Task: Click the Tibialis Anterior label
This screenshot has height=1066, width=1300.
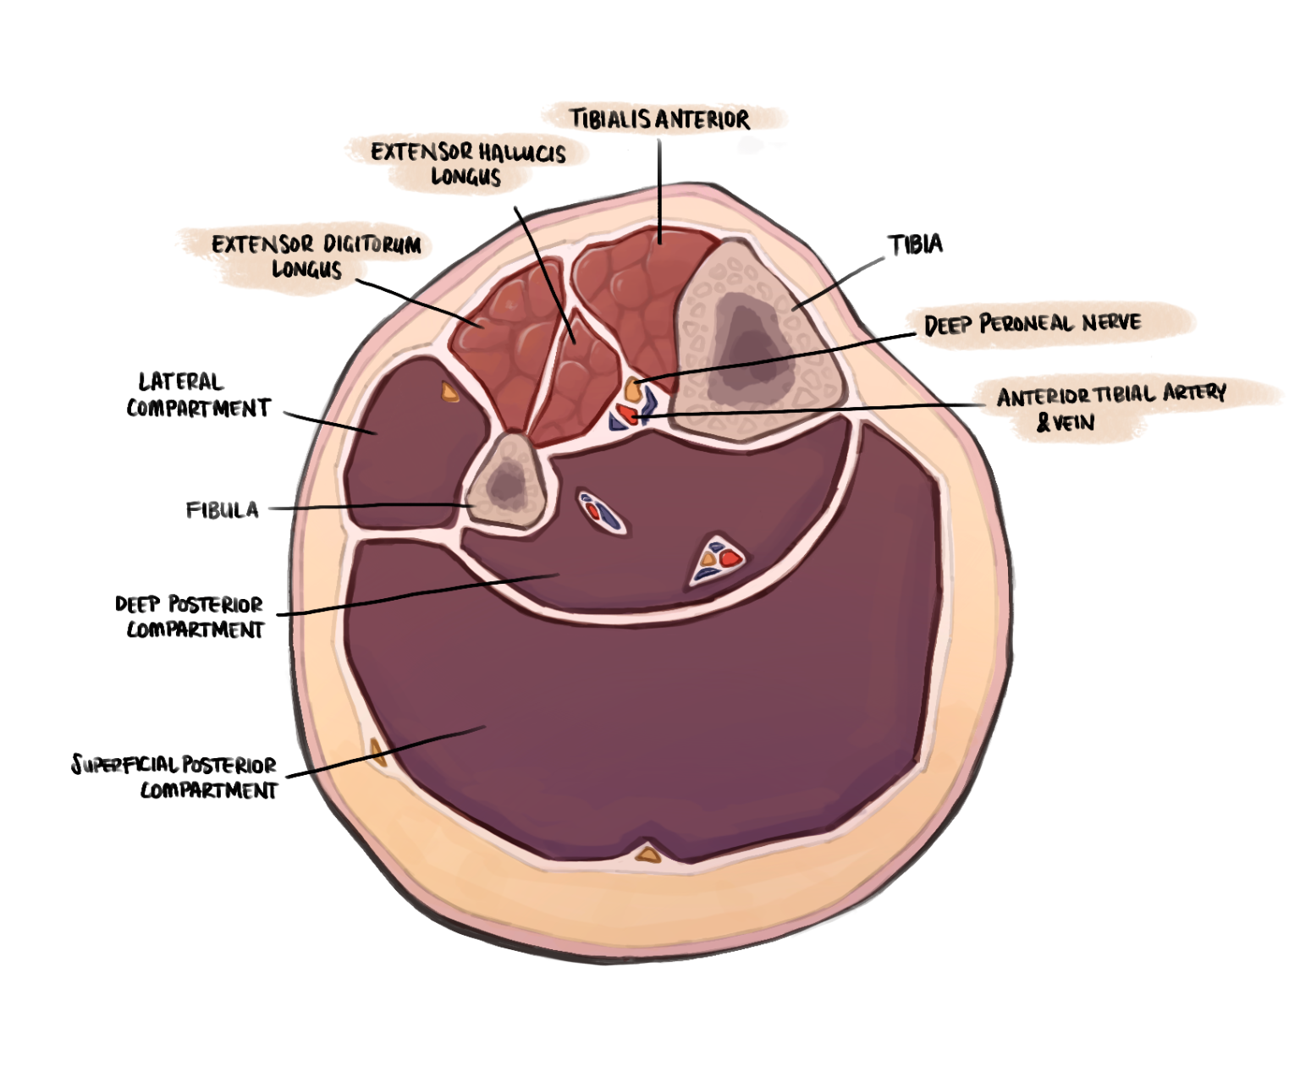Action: [x=659, y=119]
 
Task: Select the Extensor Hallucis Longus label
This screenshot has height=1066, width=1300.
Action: [x=467, y=164]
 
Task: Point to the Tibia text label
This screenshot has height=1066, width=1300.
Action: [x=915, y=245]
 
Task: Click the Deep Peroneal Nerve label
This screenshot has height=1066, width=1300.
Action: [x=1033, y=324]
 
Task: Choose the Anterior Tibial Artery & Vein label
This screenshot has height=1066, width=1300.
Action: [x=1110, y=407]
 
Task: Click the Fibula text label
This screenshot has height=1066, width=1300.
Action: [x=222, y=510]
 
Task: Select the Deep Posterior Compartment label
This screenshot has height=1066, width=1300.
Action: [x=190, y=617]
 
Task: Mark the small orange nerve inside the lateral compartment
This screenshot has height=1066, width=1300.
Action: [x=449, y=391]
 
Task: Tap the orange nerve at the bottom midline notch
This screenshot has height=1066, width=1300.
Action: [x=648, y=854]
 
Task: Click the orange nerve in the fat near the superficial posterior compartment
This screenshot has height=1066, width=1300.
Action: [x=377, y=751]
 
